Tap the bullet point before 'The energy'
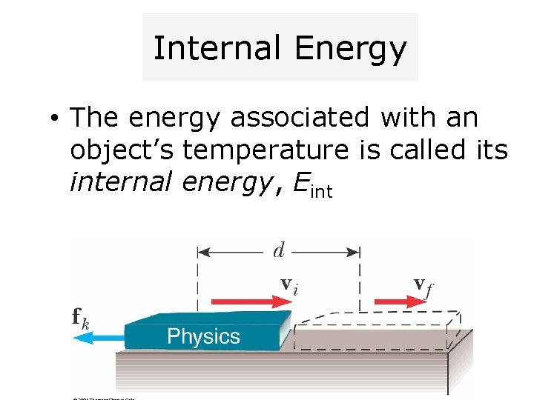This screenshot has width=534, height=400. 56,119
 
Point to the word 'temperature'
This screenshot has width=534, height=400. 265,150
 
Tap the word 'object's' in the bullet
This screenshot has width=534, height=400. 122,150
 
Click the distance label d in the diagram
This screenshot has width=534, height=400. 279,251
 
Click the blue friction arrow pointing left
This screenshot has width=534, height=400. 100,337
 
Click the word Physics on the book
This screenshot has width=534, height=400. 203,337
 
